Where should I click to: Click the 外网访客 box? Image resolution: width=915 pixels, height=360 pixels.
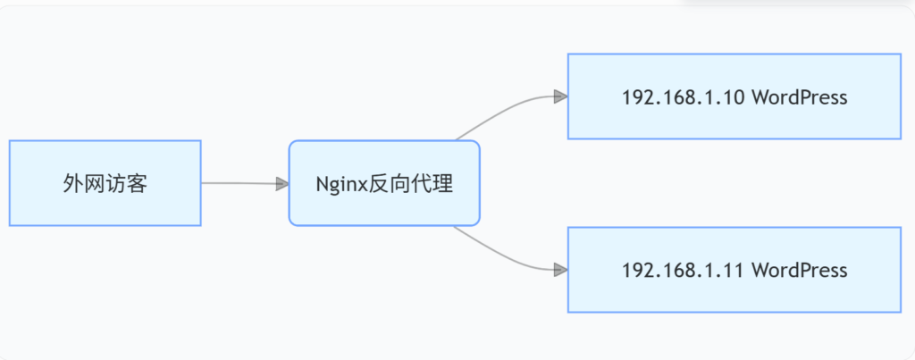click(105, 182)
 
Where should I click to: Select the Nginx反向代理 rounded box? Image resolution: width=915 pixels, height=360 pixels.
click(384, 182)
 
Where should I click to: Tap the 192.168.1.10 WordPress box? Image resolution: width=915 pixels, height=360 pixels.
click(735, 96)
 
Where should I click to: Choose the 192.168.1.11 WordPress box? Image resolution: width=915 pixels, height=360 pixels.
click(735, 270)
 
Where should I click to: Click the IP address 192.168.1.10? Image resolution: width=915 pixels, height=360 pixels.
click(682, 97)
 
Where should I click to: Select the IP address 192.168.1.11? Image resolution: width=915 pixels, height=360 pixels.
click(682, 271)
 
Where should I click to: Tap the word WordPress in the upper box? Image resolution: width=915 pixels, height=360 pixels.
click(800, 97)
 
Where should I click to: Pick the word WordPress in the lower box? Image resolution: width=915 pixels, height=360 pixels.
click(800, 271)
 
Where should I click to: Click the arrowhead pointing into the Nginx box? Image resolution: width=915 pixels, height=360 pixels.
click(283, 184)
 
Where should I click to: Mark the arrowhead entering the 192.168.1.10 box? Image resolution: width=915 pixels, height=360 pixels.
click(561, 96)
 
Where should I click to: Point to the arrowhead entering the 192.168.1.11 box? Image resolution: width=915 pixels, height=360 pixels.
click(561, 270)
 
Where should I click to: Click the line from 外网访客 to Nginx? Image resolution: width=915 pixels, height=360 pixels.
click(239, 183)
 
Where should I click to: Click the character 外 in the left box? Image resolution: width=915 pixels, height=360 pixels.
click(73, 184)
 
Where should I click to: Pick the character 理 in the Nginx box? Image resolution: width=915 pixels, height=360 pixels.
click(443, 184)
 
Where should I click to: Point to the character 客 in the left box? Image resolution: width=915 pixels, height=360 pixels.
click(137, 184)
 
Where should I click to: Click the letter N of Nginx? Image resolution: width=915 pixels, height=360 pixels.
click(323, 183)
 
